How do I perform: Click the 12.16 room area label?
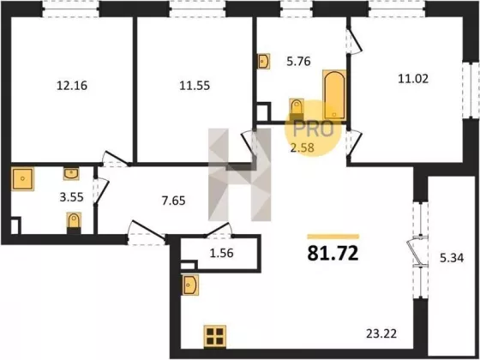72,86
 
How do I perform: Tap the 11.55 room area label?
195,86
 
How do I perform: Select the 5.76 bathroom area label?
298,61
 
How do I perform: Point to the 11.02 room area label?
413,79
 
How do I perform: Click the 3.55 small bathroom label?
72,197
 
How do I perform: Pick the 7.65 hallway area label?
173,201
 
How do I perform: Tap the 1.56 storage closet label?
222,253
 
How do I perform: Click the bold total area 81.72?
333,253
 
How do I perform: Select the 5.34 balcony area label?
452,258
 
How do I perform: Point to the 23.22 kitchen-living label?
381,333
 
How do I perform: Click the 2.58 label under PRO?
303,147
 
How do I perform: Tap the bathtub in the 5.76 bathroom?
334,95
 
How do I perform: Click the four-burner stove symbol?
215,336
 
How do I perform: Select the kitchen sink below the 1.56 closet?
190,285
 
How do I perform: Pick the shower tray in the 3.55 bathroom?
22,179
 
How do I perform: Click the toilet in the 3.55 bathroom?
74,223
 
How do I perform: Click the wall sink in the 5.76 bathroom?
263,61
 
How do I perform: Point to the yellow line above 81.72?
333,237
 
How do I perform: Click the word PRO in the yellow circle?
313,129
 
